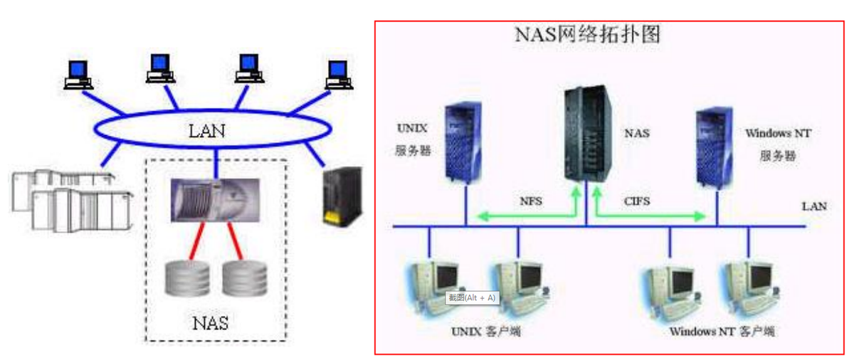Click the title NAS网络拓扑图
[586, 35]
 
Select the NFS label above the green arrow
[530, 201]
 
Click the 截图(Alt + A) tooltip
[471, 297]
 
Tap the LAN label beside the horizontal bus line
[814, 206]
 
